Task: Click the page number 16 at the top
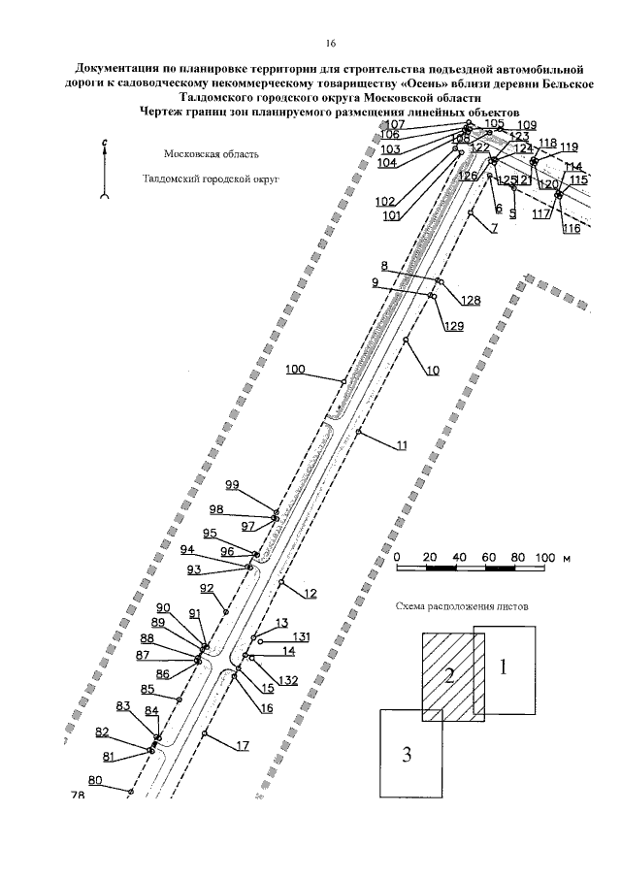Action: pos(329,45)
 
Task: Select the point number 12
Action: pos(310,593)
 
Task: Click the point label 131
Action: pos(302,636)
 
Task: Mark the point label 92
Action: pos(207,589)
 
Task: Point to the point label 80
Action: pos(94,780)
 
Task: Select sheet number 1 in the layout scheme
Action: pos(503,667)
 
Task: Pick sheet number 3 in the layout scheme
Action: pos(408,754)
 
